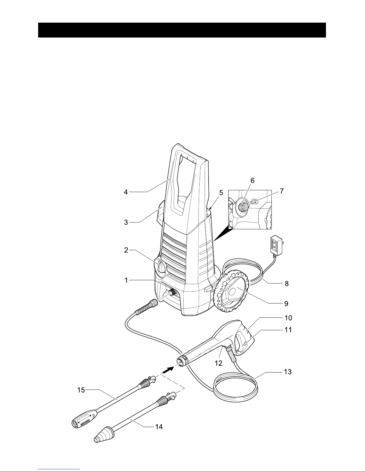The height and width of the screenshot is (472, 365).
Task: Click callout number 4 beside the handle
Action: click(x=126, y=192)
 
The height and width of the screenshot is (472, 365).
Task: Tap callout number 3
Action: click(x=126, y=222)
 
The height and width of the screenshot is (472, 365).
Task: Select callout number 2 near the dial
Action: click(x=126, y=250)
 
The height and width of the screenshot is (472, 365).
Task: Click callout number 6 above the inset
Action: click(x=252, y=180)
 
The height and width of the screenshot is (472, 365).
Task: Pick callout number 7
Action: click(x=282, y=191)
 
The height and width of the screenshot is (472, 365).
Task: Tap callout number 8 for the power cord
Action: click(x=287, y=283)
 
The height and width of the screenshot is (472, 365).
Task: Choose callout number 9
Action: click(x=286, y=303)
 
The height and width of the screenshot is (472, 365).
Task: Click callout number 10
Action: click(x=288, y=318)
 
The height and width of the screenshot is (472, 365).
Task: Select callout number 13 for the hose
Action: click(x=288, y=372)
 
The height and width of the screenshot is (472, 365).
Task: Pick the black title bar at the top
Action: click(x=182, y=30)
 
